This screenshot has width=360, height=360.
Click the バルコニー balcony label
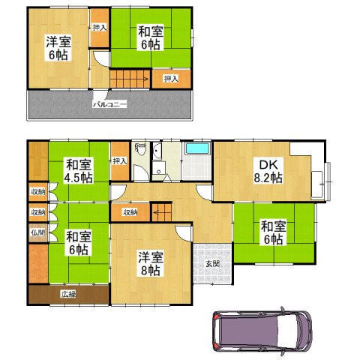(x=110, y=104)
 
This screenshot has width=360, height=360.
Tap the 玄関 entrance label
(x=213, y=263)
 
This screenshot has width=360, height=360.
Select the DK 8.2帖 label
(x=268, y=171)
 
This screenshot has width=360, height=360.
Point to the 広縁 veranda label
(x=69, y=295)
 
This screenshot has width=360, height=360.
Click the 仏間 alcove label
(x=38, y=232)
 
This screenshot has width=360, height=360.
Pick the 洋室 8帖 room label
(x=151, y=263)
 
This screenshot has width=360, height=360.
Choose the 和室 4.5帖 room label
(x=78, y=170)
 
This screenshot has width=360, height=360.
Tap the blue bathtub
(x=198, y=148)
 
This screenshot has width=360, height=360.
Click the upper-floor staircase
(x=130, y=79)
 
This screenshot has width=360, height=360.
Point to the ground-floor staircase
(x=162, y=212)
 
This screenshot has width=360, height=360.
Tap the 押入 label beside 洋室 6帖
(x=100, y=28)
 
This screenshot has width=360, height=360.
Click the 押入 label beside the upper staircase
(x=171, y=79)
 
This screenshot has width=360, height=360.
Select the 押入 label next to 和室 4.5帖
(x=120, y=161)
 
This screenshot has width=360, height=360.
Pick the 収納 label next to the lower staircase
(x=130, y=212)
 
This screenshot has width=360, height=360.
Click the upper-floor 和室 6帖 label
(x=151, y=37)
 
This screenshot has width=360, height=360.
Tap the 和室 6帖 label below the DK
(x=274, y=232)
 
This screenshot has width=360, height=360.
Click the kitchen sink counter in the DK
(x=317, y=185)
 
